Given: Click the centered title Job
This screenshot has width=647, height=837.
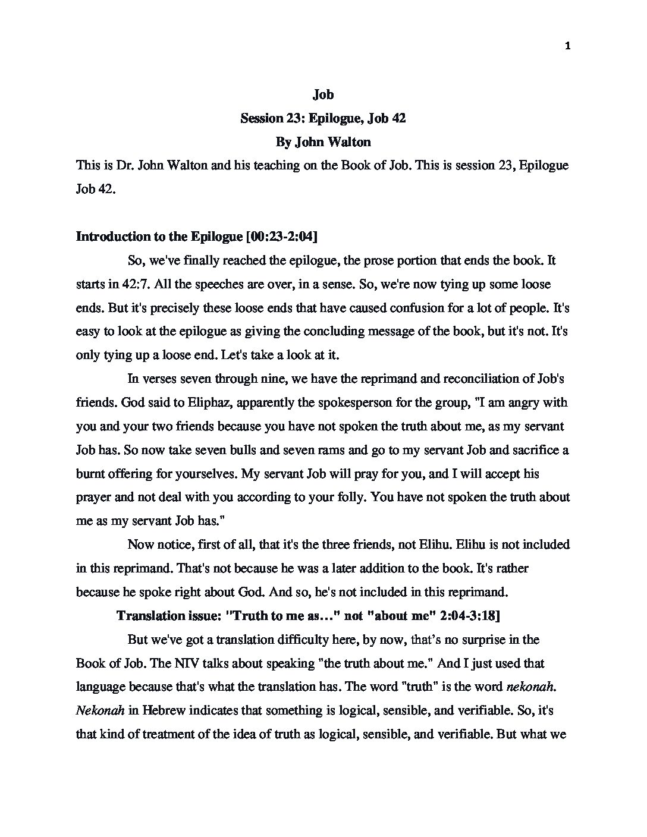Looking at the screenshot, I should (x=323, y=95).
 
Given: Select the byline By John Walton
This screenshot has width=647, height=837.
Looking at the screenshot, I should (x=323, y=142).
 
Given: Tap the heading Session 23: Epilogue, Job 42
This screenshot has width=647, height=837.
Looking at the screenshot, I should (x=323, y=118).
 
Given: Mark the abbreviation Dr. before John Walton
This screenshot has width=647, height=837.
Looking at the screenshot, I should (x=125, y=165).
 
